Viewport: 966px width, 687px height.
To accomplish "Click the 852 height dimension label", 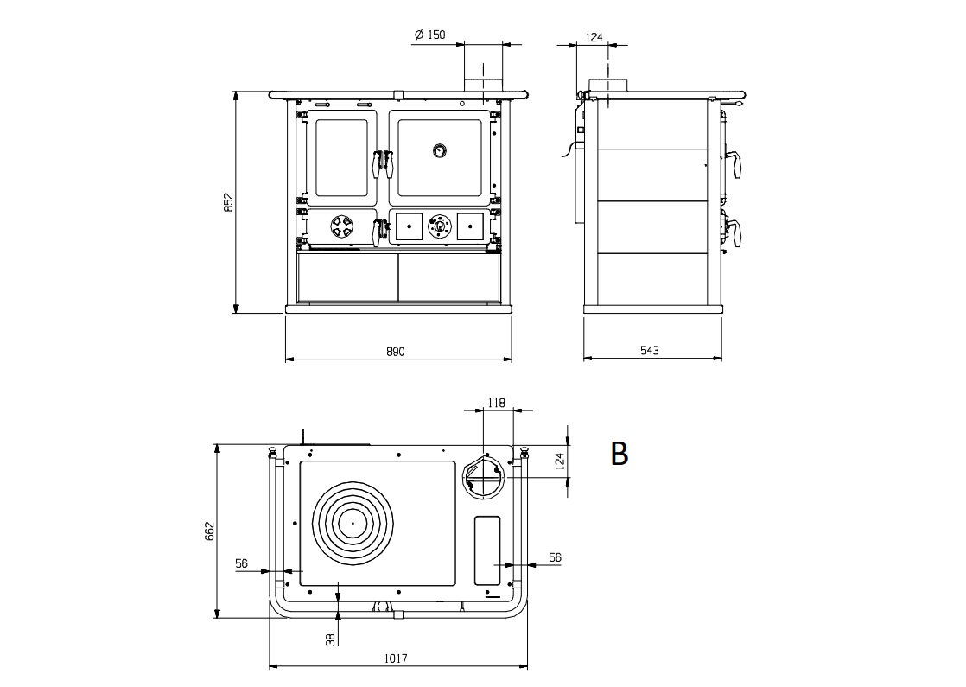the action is (x=229, y=202).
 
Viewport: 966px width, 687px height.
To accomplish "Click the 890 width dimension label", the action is (x=396, y=351).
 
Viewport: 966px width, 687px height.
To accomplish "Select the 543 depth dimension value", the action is (x=650, y=350).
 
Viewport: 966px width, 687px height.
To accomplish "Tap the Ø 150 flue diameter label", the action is (x=429, y=35).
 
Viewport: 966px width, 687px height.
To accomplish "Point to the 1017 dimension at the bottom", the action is (x=396, y=658).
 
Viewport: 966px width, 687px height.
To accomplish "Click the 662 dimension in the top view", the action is (x=209, y=531).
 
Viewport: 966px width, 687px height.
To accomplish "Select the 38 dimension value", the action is (x=331, y=639).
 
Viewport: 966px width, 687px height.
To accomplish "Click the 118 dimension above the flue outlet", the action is (x=496, y=403).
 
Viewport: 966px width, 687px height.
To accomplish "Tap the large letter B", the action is (x=620, y=453).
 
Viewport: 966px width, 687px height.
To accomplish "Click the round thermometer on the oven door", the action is (x=439, y=149).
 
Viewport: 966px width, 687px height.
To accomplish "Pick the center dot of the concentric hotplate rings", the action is (x=353, y=523).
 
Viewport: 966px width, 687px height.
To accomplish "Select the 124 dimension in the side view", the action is (x=594, y=37).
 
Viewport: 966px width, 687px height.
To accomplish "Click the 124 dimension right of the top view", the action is (x=559, y=461).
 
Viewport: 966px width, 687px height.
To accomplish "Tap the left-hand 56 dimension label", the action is (x=241, y=563).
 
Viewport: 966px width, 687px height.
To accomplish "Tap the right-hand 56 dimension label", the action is (x=555, y=557).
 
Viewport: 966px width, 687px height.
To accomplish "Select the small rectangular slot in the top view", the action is (x=486, y=550).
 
